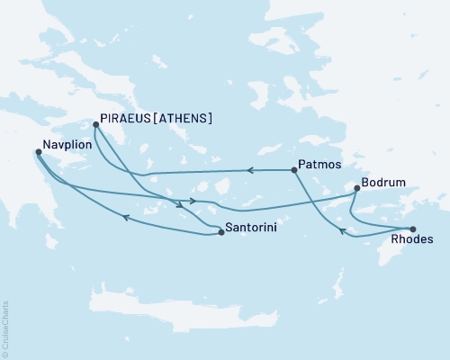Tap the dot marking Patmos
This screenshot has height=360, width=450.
[294, 169]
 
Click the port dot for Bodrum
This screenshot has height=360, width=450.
[357, 189]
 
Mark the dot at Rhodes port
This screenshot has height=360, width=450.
[413, 229]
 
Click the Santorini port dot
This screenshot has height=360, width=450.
[221, 233]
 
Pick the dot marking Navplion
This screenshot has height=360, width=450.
[38, 152]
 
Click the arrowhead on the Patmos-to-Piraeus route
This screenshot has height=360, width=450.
[252, 169]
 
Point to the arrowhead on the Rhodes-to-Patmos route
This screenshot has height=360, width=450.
[342, 232]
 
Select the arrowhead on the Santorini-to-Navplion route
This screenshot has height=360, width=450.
[125, 217]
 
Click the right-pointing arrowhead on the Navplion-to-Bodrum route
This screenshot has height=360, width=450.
[193, 201]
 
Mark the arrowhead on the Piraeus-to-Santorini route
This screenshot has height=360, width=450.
[181, 205]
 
